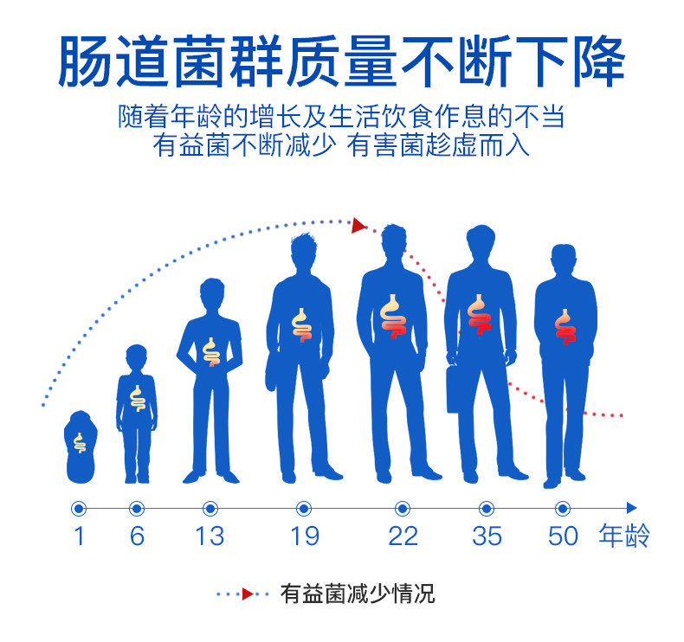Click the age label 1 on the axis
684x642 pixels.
tap(79, 536)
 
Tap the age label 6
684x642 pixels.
tap(137, 536)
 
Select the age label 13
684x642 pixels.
tap(210, 536)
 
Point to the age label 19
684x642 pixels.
tap(304, 536)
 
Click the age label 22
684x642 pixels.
tap(403, 536)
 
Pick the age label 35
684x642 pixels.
tap(487, 536)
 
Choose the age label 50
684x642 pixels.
tap(563, 536)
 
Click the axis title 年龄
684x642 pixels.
tap(623, 536)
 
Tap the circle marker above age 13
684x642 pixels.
tap(210, 508)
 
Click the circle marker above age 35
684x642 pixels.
tap(487, 508)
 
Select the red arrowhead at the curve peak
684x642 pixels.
tap(358, 226)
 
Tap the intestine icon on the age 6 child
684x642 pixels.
tap(137, 397)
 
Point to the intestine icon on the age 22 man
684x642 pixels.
tap(393, 316)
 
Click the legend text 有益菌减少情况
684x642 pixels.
tap(357, 594)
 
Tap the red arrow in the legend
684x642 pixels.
tap(248, 594)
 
